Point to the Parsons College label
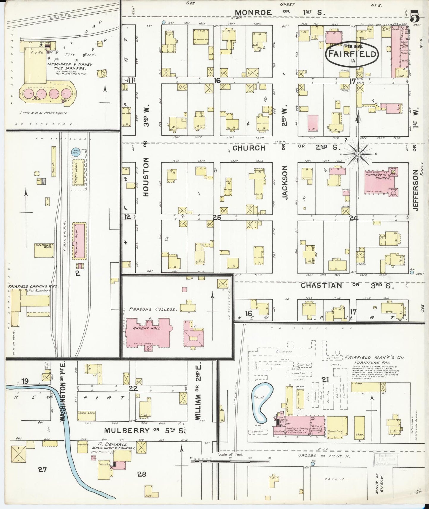pos(152,309)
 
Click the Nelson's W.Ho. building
pos(44,250)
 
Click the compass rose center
pos(358,154)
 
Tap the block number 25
pos(217,217)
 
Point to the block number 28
pos(142,474)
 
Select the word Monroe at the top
pos(253,12)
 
